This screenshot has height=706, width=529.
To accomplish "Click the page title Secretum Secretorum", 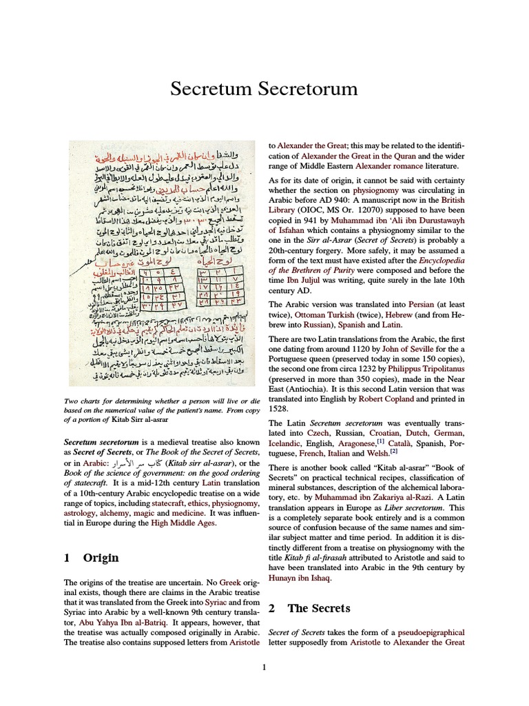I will pos(264,89).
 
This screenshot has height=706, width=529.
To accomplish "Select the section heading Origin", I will pos(101,558).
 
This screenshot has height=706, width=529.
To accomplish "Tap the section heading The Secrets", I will pos(319,608).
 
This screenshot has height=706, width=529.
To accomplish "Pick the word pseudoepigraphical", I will pos(424,632).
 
